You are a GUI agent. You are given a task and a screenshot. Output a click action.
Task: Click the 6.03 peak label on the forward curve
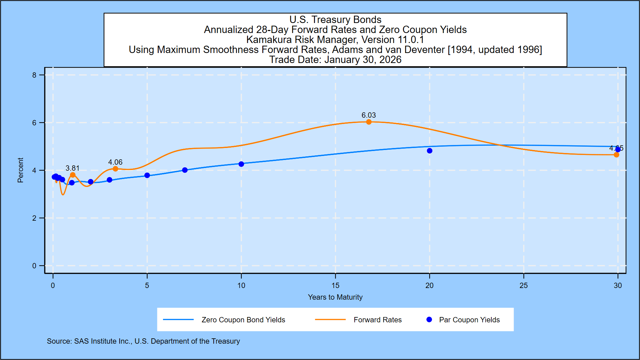[368, 115]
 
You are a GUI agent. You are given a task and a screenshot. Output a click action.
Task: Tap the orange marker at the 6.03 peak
[369, 122]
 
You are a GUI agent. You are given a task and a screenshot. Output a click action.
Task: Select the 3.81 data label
[72, 168]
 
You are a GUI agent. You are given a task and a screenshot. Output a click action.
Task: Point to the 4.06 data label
[115, 162]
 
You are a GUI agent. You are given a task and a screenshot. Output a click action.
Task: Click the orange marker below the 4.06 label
[115, 169]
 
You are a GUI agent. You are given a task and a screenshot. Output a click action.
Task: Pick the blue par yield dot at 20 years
[429, 151]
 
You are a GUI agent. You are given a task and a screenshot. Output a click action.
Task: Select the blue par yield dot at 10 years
[241, 164]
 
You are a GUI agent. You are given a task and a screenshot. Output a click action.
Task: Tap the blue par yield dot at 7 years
[185, 170]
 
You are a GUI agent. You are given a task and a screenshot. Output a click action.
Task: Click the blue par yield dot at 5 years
[147, 175]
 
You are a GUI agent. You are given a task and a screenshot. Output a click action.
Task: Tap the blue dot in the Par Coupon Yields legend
[429, 320]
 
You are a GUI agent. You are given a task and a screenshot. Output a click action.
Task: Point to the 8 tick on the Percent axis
[34, 75]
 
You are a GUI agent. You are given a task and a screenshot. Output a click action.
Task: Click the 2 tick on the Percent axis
[34, 218]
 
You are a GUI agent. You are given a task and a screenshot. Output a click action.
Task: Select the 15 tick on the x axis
[335, 286]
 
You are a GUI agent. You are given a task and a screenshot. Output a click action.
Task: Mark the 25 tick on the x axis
[524, 286]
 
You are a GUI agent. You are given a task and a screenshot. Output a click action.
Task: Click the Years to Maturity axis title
[335, 297]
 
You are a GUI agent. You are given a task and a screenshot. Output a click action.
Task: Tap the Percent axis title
[20, 170]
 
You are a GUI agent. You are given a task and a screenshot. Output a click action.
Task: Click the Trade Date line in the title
[335, 60]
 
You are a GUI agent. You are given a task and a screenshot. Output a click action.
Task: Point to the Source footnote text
[143, 341]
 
